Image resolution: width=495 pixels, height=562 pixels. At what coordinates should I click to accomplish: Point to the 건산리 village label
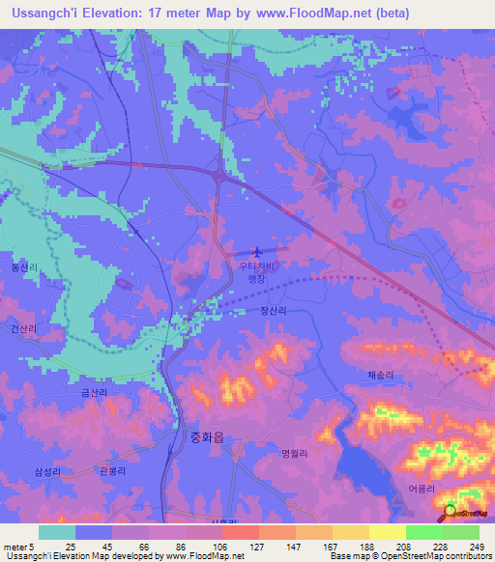pos(24,329)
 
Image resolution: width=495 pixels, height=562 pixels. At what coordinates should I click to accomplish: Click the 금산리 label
pos(96,393)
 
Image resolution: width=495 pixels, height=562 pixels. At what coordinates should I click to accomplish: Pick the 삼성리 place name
pos(47,471)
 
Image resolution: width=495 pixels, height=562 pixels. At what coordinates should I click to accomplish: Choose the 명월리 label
pos(294,453)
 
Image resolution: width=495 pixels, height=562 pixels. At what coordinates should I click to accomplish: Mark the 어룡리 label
pos(422,489)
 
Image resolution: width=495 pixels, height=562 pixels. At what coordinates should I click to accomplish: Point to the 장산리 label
pos(273,311)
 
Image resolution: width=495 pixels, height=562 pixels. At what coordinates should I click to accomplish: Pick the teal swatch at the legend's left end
pos(56,532)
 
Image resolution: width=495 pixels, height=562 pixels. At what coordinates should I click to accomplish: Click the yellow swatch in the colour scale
pos(387,532)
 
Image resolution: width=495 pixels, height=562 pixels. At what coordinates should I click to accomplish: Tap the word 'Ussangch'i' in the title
pos(41,14)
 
